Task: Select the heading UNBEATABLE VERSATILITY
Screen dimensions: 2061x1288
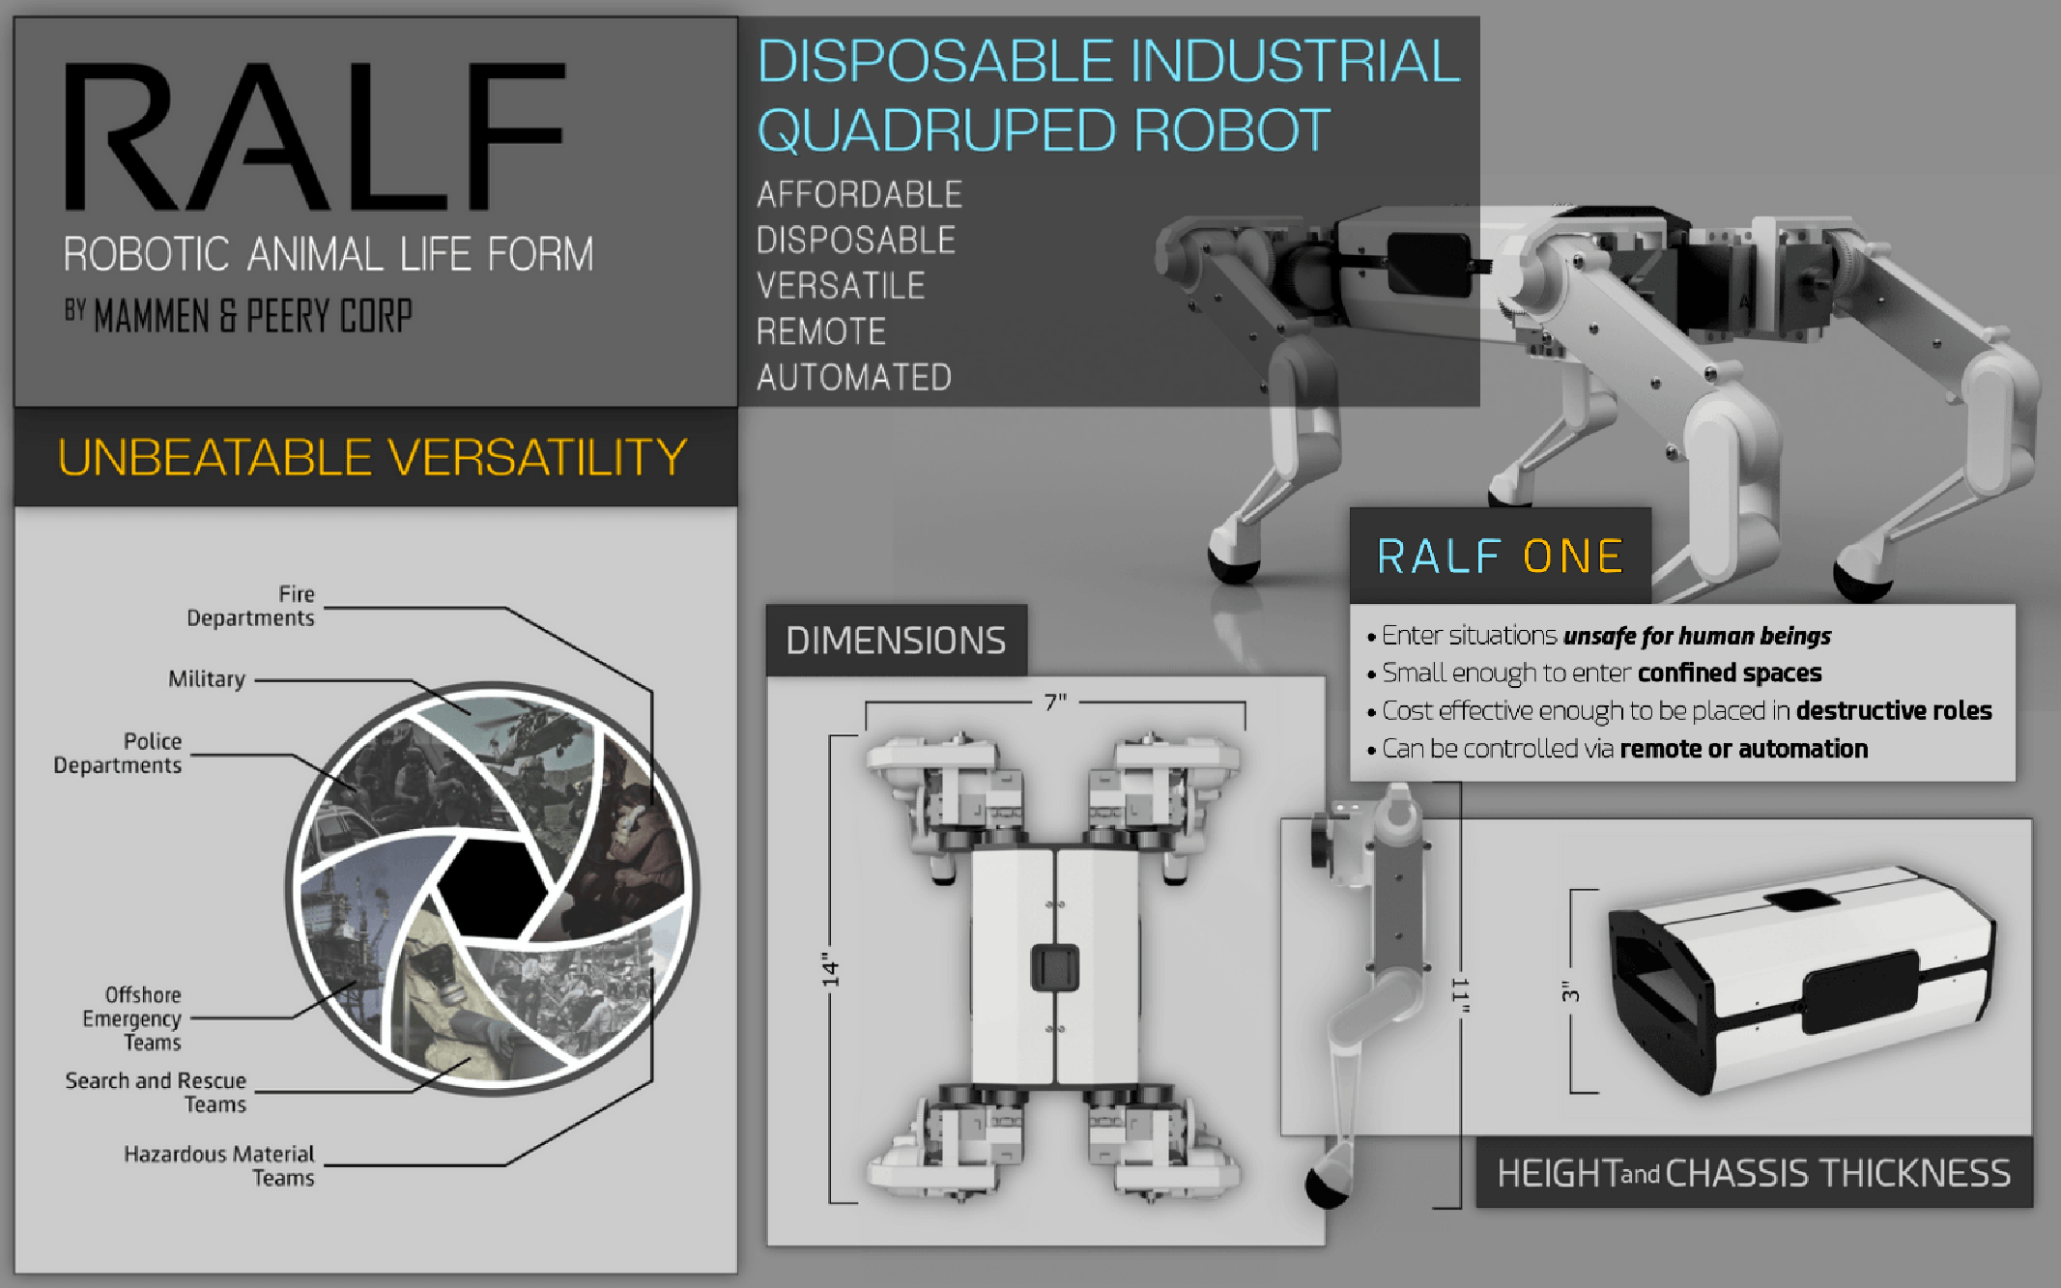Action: click(x=372, y=457)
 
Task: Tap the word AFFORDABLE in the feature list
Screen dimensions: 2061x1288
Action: click(x=859, y=194)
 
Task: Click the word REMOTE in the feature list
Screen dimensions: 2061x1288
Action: click(x=820, y=331)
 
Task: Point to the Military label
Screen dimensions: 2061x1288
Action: click(x=207, y=679)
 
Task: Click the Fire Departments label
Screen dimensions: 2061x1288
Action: click(x=250, y=606)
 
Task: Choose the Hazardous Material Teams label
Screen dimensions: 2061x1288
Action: click(x=218, y=1165)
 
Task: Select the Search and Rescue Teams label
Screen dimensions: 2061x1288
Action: click(x=156, y=1092)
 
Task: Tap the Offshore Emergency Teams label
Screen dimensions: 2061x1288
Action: click(x=131, y=1018)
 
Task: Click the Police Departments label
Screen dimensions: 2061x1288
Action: click(x=117, y=753)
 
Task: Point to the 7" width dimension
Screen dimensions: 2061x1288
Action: click(x=1055, y=702)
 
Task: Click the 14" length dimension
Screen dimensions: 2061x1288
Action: click(x=830, y=969)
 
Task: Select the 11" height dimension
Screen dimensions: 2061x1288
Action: click(x=1460, y=995)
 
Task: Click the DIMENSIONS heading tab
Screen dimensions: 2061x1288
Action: click(x=896, y=641)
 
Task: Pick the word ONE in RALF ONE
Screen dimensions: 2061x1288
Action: click(x=1573, y=557)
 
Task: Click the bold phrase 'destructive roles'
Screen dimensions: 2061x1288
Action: click(x=1894, y=711)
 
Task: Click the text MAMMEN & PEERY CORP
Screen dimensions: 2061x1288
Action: click(x=253, y=316)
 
